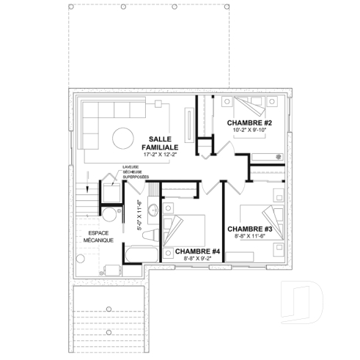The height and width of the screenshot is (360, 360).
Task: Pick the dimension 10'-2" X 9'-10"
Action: [x=249, y=131]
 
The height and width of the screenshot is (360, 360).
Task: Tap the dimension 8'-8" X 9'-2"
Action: [x=197, y=259]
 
